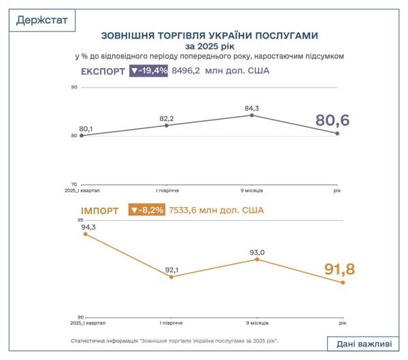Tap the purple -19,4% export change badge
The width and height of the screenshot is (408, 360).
pyautogui.click(x=148, y=70)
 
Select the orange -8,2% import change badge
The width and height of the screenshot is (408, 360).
pyautogui.click(x=146, y=210)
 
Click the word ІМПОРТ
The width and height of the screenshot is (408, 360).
pyautogui.click(x=100, y=211)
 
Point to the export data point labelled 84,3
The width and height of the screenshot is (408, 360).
pyautogui.click(x=252, y=115)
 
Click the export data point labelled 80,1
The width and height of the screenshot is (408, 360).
pyautogui.click(x=82, y=135)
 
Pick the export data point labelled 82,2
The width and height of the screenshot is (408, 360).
pyautogui.click(x=167, y=125)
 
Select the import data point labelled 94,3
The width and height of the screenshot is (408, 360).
pyautogui.click(x=85, y=234)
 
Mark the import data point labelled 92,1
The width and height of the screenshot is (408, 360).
pyautogui.click(x=171, y=276)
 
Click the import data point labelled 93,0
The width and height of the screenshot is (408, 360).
pyautogui.click(x=257, y=259)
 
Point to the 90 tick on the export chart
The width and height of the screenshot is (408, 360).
pyautogui.click(x=73, y=87)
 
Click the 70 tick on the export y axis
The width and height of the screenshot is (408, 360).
pyautogui.click(x=73, y=184)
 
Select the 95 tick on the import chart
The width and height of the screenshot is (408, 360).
pyautogui.click(x=80, y=221)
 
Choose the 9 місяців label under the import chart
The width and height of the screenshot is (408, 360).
pyautogui.click(x=256, y=323)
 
